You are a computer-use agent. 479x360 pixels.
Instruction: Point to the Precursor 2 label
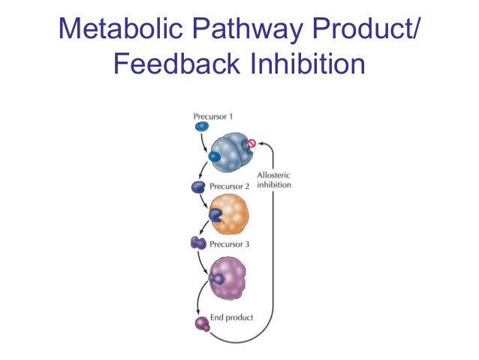[230, 186]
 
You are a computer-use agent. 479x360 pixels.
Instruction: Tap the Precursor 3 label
[230, 244]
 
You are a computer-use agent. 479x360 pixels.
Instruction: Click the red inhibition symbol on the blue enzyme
[252, 143]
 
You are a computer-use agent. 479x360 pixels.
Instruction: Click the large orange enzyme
[230, 213]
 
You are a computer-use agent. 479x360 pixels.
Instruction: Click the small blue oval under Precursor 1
[202, 127]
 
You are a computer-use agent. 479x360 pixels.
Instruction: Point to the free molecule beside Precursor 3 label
[199, 243]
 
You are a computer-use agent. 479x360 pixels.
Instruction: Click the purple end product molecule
[202, 324]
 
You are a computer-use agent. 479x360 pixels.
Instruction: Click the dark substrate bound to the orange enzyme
[215, 215]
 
